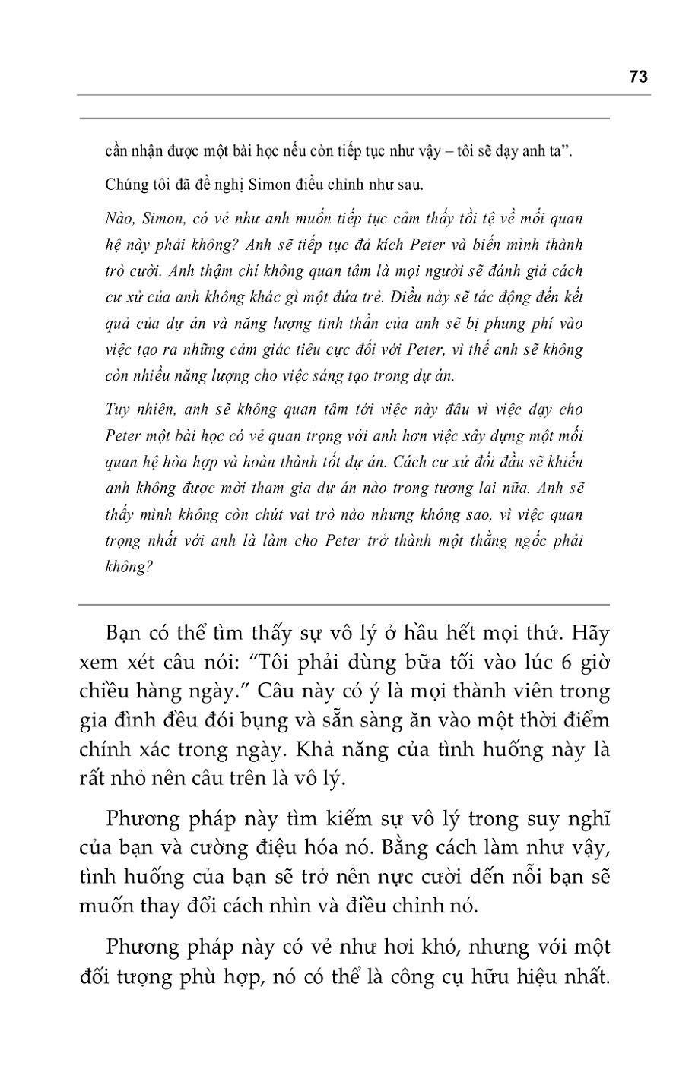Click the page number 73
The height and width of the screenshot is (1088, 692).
click(x=638, y=77)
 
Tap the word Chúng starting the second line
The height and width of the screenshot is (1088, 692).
click(x=124, y=185)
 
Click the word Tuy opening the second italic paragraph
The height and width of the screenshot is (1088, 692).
click(x=116, y=410)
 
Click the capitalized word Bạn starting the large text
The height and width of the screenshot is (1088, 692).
click(x=124, y=634)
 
